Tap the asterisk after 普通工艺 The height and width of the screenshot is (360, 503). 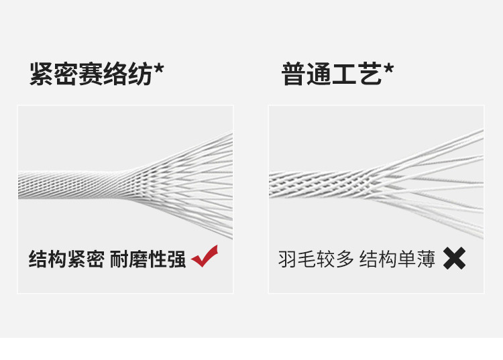(x=388, y=68)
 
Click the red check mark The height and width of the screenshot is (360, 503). (x=205, y=256)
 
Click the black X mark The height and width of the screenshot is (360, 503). (x=454, y=258)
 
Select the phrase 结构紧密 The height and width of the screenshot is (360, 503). (x=66, y=259)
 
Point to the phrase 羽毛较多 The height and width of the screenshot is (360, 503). (x=316, y=259)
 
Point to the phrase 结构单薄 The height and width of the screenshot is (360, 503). (x=397, y=259)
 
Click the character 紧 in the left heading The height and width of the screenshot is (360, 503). (x=42, y=74)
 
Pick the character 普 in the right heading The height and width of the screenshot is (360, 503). (x=294, y=74)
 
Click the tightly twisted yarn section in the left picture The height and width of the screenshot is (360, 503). (x=74, y=184)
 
